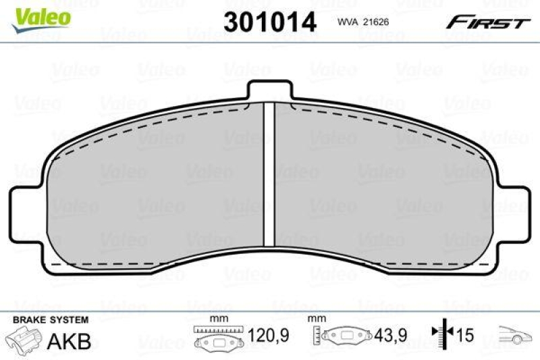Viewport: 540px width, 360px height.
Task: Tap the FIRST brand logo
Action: (x=487, y=22)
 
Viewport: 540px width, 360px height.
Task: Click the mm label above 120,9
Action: (x=218, y=319)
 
